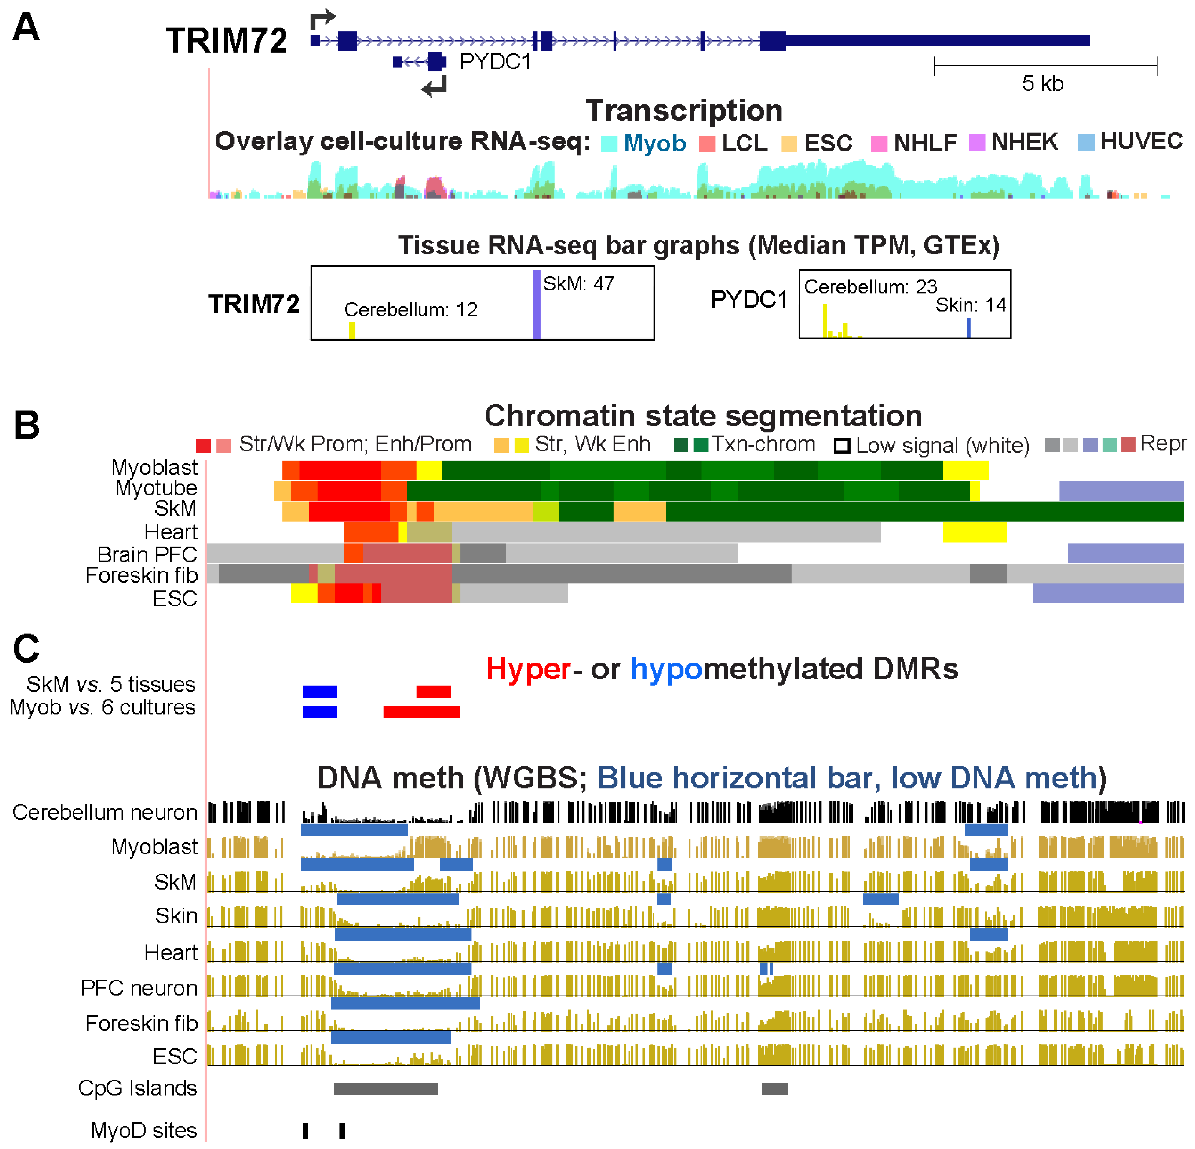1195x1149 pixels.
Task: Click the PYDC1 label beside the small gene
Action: point(495,62)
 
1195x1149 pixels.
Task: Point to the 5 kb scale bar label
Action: point(1043,84)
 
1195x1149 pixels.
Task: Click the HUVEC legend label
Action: point(1141,141)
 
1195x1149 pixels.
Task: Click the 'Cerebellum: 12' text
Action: point(410,310)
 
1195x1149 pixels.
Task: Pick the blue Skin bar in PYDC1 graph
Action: point(968,328)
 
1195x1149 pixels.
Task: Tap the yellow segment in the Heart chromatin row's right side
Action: point(974,532)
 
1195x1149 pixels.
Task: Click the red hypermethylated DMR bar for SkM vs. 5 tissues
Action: point(433,691)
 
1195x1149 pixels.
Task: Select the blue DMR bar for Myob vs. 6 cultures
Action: point(320,712)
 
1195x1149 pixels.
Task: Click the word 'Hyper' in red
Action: point(528,669)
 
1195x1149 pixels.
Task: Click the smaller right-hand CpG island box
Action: point(774,1089)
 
